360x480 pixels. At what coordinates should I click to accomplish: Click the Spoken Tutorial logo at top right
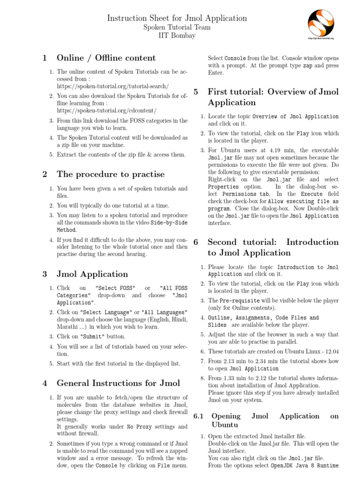[x=324, y=23]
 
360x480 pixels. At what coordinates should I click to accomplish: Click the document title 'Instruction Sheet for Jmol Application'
[x=177, y=18]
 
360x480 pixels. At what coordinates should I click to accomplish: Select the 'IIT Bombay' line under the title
[x=177, y=36]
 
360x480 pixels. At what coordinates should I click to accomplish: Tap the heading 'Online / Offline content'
[x=106, y=58]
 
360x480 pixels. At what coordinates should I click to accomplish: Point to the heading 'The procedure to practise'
[x=111, y=174]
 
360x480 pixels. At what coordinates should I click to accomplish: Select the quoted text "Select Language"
[x=105, y=312]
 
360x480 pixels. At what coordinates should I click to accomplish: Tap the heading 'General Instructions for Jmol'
[x=118, y=382]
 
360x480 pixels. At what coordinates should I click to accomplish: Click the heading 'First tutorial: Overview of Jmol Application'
[x=273, y=97]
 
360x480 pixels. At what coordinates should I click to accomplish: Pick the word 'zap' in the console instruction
[x=307, y=66]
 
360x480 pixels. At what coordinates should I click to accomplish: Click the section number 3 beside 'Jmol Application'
[x=45, y=274]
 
